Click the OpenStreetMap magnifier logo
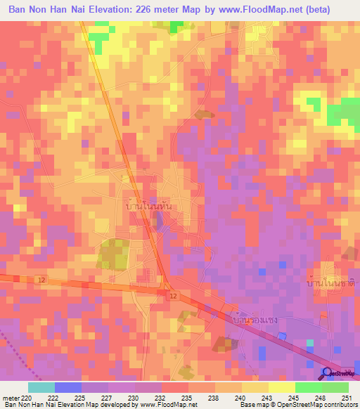[328, 372]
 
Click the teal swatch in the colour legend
[41, 387]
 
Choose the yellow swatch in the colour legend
[281, 387]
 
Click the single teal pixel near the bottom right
[310, 343]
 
